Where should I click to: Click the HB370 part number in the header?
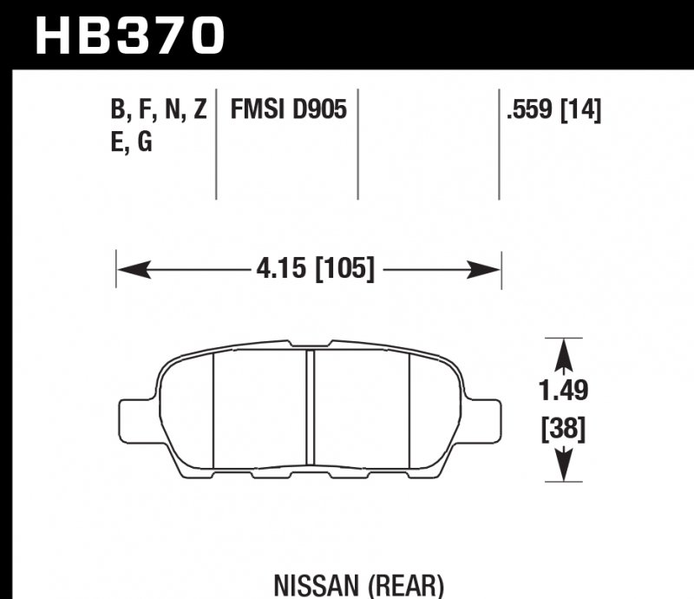pos(129,36)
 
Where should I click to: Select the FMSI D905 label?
pos(289,110)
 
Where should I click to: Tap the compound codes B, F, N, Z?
pos(158,110)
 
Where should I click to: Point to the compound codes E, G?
pos(132,142)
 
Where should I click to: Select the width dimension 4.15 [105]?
pos(315,270)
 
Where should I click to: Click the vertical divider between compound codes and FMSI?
pos(216,143)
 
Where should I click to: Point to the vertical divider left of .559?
pos(499,143)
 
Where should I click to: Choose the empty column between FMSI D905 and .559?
pos(429,143)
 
